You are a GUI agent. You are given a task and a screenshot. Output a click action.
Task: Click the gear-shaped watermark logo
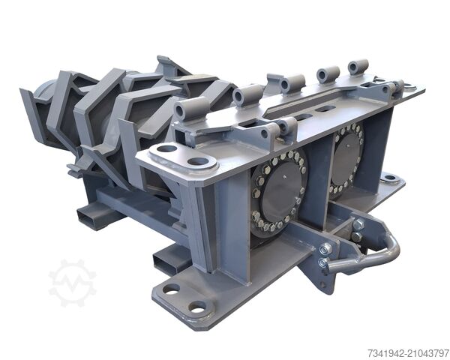tap(72, 283)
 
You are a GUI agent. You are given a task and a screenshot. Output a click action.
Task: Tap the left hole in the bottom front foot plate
tap(171, 289)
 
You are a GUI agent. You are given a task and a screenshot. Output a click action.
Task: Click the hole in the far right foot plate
tap(389, 178)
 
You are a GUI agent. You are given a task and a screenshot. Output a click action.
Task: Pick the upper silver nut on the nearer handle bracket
tap(326, 248)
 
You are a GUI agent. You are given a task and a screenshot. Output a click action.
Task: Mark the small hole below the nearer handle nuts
tap(323, 284)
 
